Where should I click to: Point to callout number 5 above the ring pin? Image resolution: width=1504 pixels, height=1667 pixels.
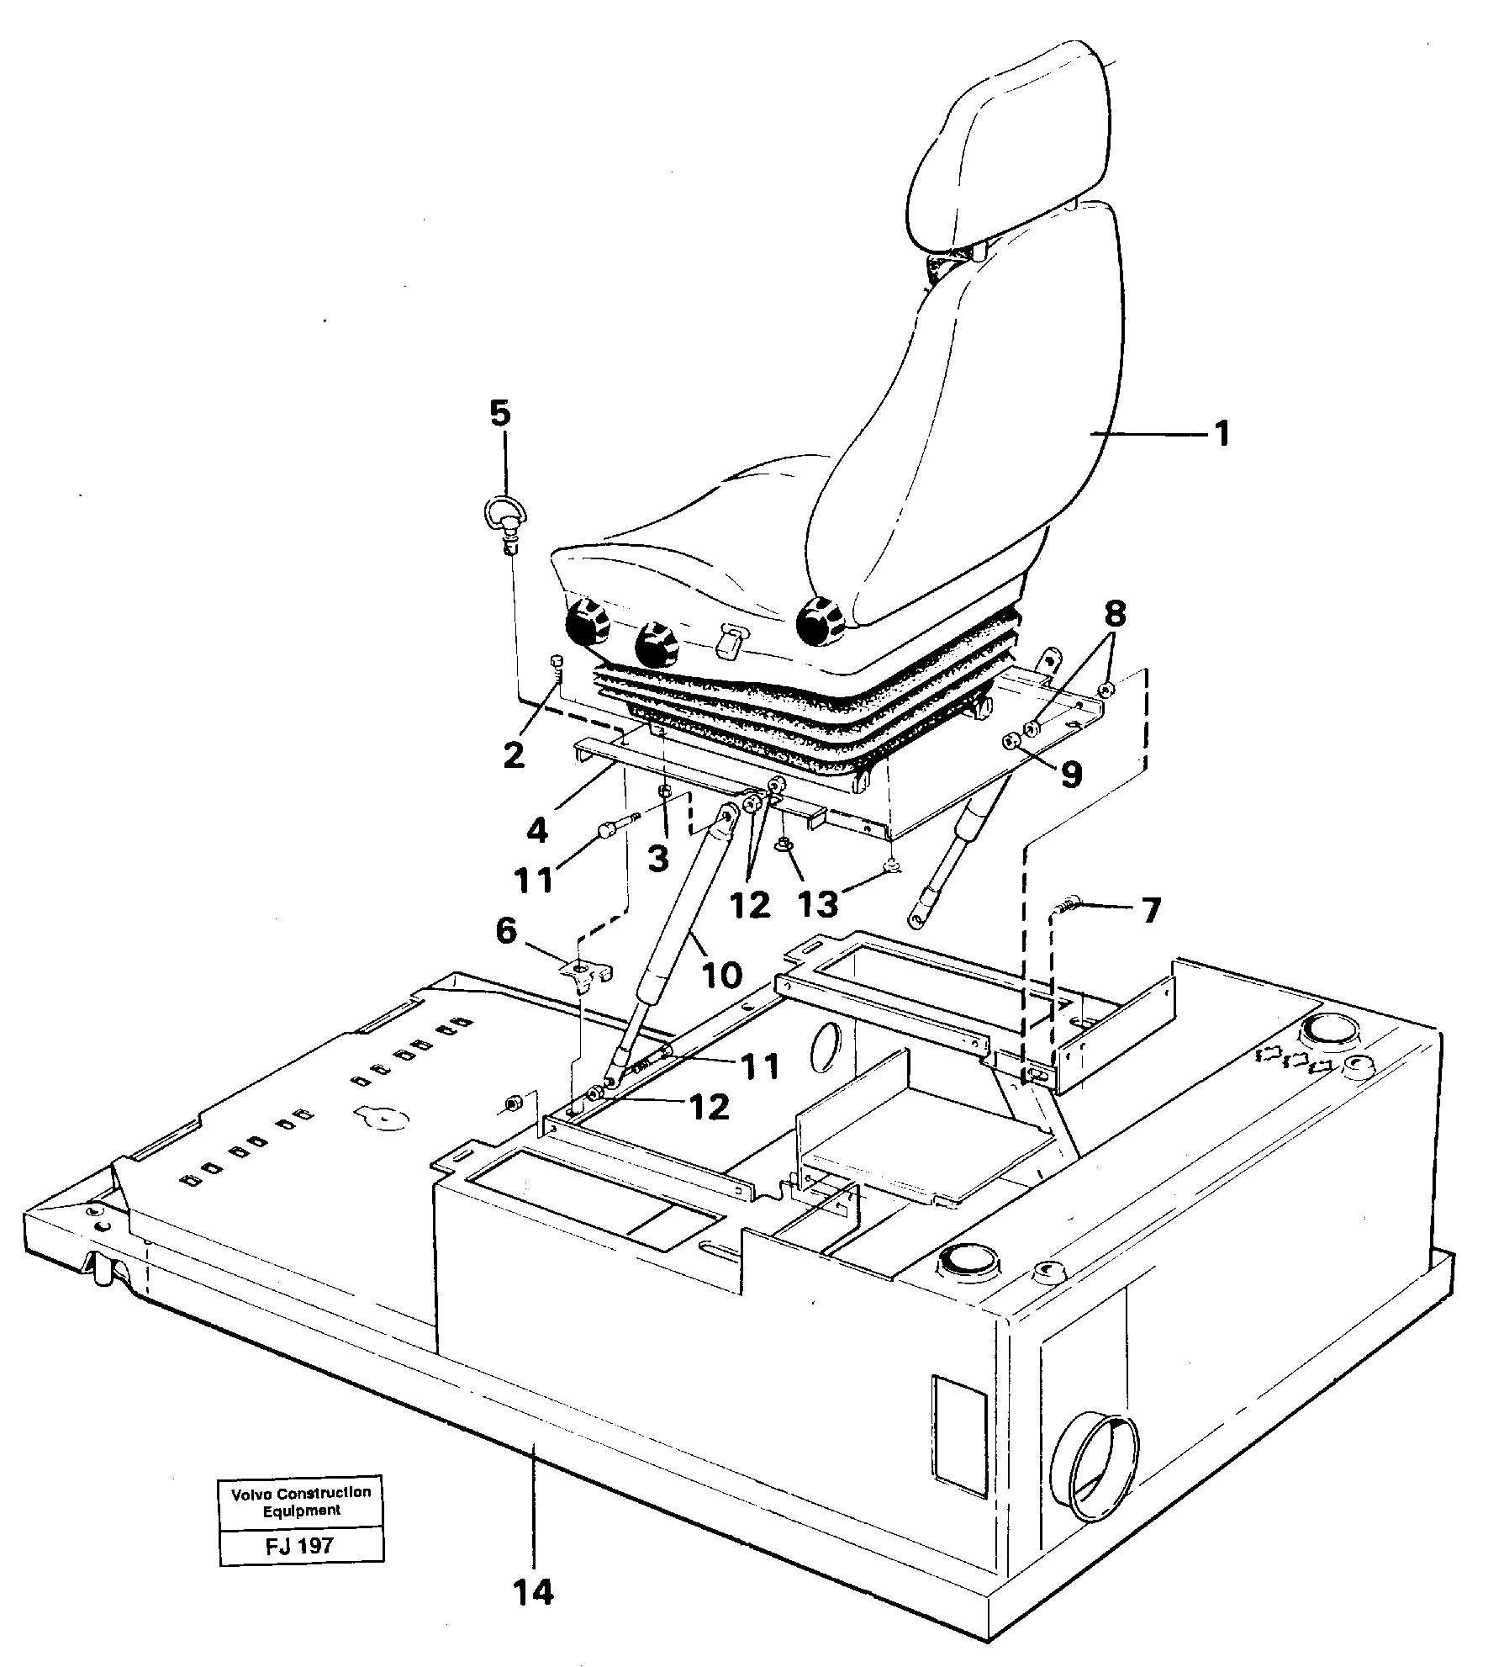point(500,414)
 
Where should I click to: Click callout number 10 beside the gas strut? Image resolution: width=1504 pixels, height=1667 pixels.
point(721,974)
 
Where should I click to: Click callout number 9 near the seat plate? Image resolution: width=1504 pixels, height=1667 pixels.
point(1070,775)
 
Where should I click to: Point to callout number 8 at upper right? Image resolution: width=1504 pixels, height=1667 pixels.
point(1114,614)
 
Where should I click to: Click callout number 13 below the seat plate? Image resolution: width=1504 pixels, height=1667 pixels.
point(817,904)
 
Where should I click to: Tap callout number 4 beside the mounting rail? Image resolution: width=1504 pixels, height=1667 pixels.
point(537,831)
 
